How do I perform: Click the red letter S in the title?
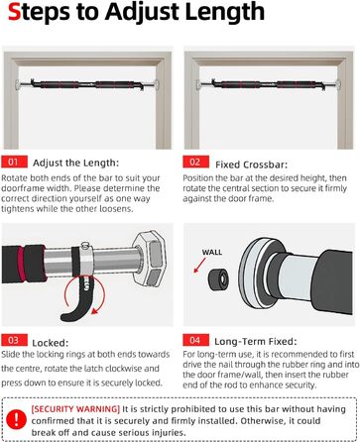(x=14, y=12)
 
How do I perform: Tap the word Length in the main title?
(x=225, y=13)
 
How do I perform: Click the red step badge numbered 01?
(x=14, y=162)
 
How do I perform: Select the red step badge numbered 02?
(x=195, y=162)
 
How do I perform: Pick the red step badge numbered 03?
(x=14, y=340)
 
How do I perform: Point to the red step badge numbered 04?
(x=195, y=340)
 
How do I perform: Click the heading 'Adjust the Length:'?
(x=75, y=163)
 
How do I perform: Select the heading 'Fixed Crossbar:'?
(x=252, y=165)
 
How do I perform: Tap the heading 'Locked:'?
(x=51, y=343)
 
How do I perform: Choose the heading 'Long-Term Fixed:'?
(x=256, y=341)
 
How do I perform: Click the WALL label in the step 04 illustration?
(x=212, y=252)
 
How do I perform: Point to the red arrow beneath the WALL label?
(x=199, y=266)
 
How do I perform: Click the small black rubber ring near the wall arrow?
(x=218, y=279)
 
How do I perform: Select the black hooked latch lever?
(x=77, y=299)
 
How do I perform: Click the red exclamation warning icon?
(x=16, y=420)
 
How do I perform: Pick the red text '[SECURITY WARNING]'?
(x=75, y=409)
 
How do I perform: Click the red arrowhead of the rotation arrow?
(x=95, y=311)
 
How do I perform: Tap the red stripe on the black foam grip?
(x=22, y=264)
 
